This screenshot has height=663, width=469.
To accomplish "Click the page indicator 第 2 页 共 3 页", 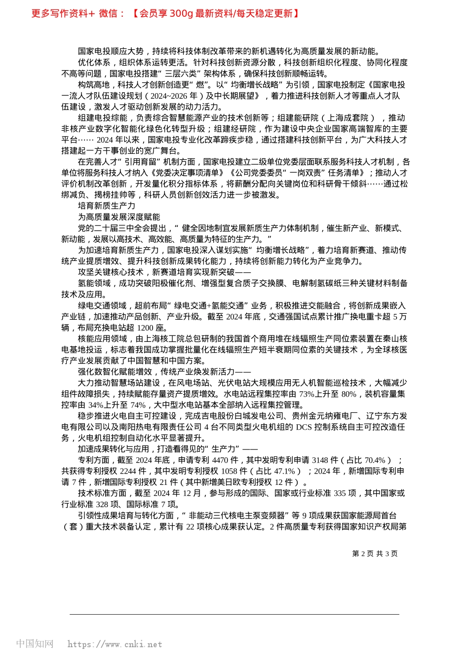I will pos(375,553).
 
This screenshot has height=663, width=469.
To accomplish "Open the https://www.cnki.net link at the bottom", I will pos(115,644).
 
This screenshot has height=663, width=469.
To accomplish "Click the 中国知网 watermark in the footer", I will pos(35,644).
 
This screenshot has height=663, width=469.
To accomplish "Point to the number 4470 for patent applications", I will pos(221,460).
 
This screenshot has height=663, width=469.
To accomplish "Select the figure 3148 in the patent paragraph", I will pos(320,460).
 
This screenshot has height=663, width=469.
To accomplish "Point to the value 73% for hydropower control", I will pos(307,394).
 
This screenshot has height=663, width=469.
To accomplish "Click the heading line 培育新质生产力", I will pos(106,206).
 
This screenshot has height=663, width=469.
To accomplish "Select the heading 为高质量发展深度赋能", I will pos(118,217).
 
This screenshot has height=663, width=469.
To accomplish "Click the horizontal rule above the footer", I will pos(234,614).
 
